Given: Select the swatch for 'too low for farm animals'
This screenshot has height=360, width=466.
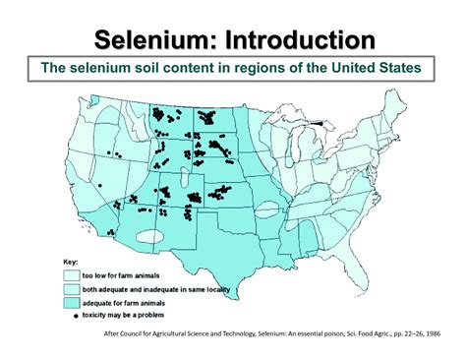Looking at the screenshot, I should [x=71, y=275].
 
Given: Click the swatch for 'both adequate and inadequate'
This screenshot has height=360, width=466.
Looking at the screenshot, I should [x=71, y=290].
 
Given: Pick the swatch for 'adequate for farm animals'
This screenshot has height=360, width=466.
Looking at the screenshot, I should [x=71, y=304].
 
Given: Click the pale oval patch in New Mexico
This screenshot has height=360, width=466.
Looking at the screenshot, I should [x=147, y=234].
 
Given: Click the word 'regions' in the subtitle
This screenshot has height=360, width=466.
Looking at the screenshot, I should [x=259, y=68].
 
